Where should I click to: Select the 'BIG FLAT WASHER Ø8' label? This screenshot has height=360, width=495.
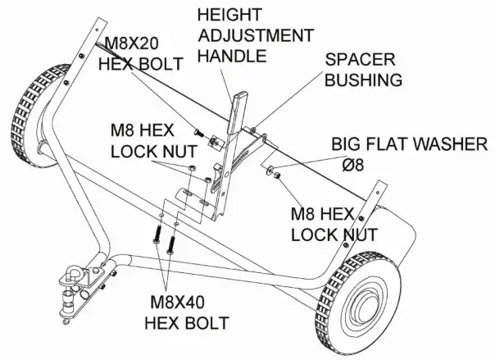pyautogui.click(x=409, y=154)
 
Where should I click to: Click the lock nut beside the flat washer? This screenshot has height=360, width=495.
pyautogui.click(x=279, y=175)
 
